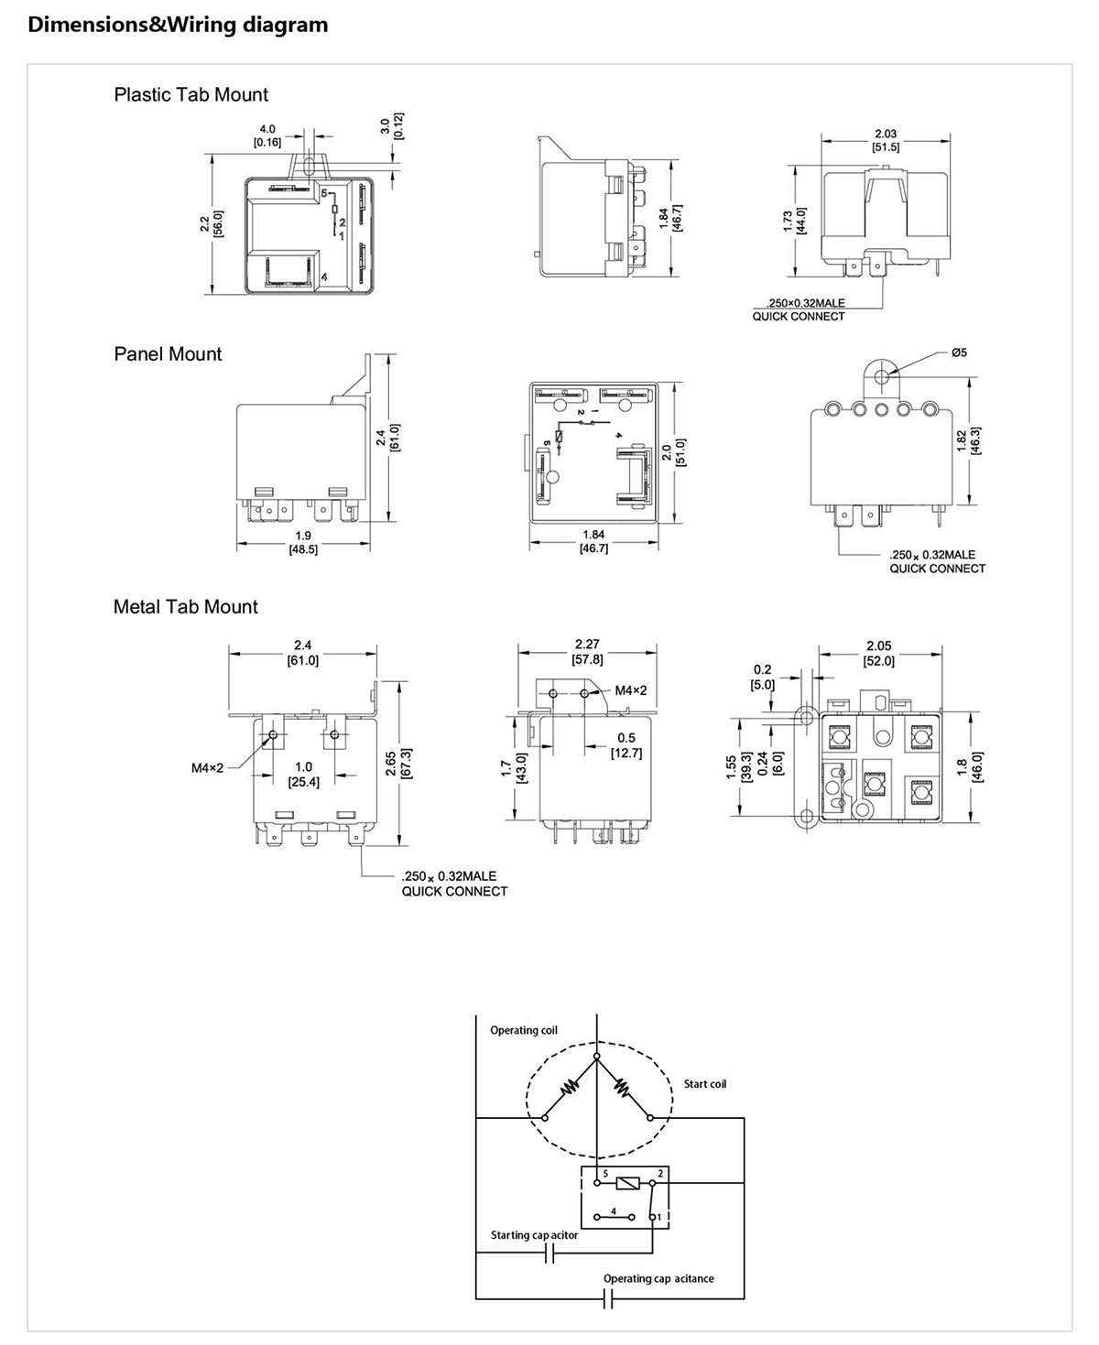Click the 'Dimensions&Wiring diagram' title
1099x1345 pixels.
click(x=178, y=25)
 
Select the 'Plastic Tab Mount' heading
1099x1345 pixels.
click(x=190, y=94)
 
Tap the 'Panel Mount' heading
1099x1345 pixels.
click(x=168, y=354)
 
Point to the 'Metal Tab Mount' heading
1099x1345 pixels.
click(x=185, y=607)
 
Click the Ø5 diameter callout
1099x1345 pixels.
click(x=959, y=353)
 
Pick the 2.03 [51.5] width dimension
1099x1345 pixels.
click(x=886, y=140)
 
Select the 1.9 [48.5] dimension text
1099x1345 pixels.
click(x=303, y=543)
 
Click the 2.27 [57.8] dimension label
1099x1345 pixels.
click(x=587, y=651)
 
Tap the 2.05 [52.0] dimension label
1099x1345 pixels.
click(x=878, y=653)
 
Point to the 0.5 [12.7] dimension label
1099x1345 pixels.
click(x=626, y=745)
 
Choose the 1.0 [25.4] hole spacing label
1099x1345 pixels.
click(x=303, y=774)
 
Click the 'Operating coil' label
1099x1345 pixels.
click(x=523, y=1030)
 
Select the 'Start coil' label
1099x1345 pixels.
click(x=704, y=1084)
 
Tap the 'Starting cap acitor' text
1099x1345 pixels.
click(x=534, y=1235)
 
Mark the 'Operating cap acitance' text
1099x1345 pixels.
click(x=658, y=1278)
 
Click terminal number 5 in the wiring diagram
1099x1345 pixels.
click(x=605, y=1173)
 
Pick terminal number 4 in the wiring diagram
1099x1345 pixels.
click(x=614, y=1211)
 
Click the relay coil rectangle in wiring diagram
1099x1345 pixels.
click(x=627, y=1183)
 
